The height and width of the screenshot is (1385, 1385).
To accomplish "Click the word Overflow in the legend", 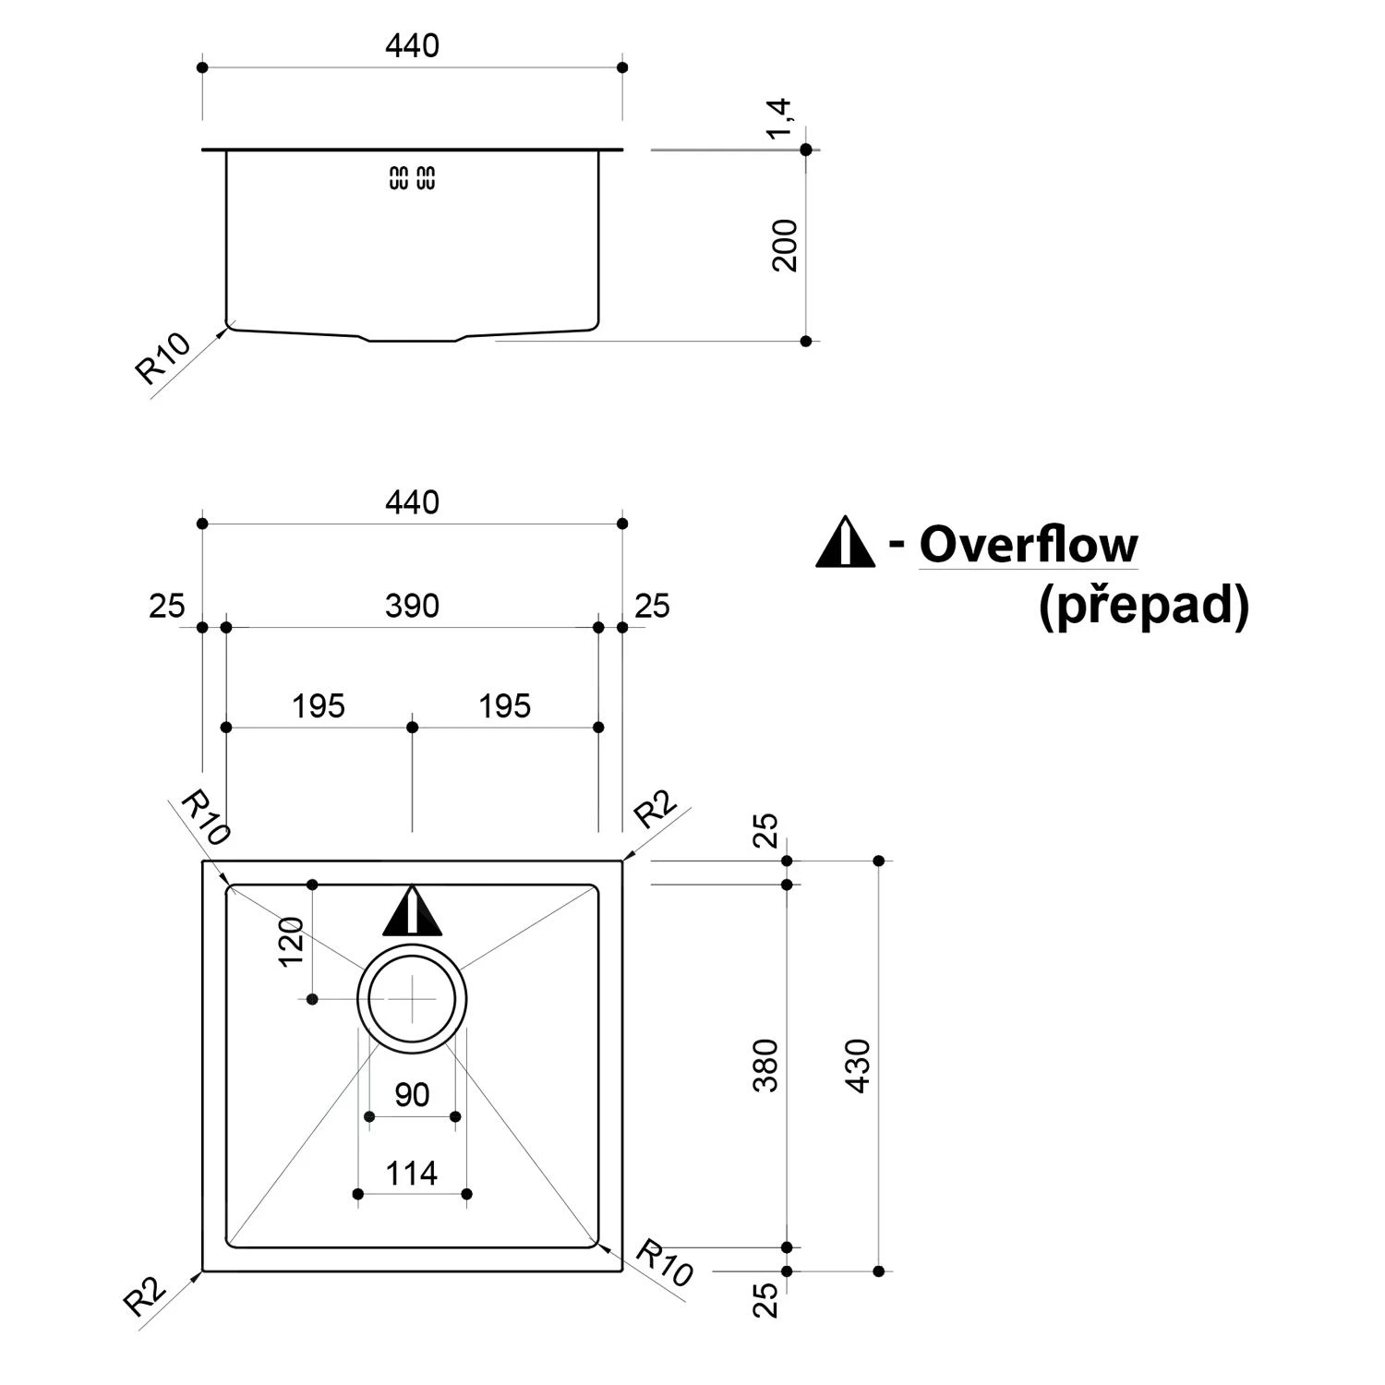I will point(1028,545).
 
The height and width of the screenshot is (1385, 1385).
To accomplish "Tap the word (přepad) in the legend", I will point(1143,607).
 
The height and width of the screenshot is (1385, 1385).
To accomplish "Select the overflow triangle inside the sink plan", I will point(412,912).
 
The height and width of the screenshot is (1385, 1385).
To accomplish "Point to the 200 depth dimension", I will point(785,245).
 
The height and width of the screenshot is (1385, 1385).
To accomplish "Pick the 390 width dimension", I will point(412,607).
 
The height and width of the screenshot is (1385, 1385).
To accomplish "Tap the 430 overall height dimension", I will point(859,1066).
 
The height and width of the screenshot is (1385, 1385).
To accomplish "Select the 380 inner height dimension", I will point(766,1066).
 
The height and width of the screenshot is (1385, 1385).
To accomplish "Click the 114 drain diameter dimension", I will point(412,1174).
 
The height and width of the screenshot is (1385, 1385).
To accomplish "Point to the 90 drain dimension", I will point(412,1095).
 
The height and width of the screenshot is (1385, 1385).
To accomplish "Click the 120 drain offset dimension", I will point(292,942).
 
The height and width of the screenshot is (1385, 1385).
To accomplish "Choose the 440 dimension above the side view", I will point(412,46).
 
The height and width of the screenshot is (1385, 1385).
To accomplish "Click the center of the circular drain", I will point(412,999).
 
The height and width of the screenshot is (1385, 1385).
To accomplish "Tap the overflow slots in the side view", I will point(412,178).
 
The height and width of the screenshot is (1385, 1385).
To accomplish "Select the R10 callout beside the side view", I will point(163,358).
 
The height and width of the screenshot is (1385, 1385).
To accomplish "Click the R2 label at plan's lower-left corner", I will point(145,1297).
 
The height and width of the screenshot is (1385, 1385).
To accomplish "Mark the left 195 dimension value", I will point(319,706).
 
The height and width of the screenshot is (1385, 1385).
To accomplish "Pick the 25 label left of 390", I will point(167,607).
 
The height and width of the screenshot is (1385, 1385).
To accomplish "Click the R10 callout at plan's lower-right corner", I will point(664,1264).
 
